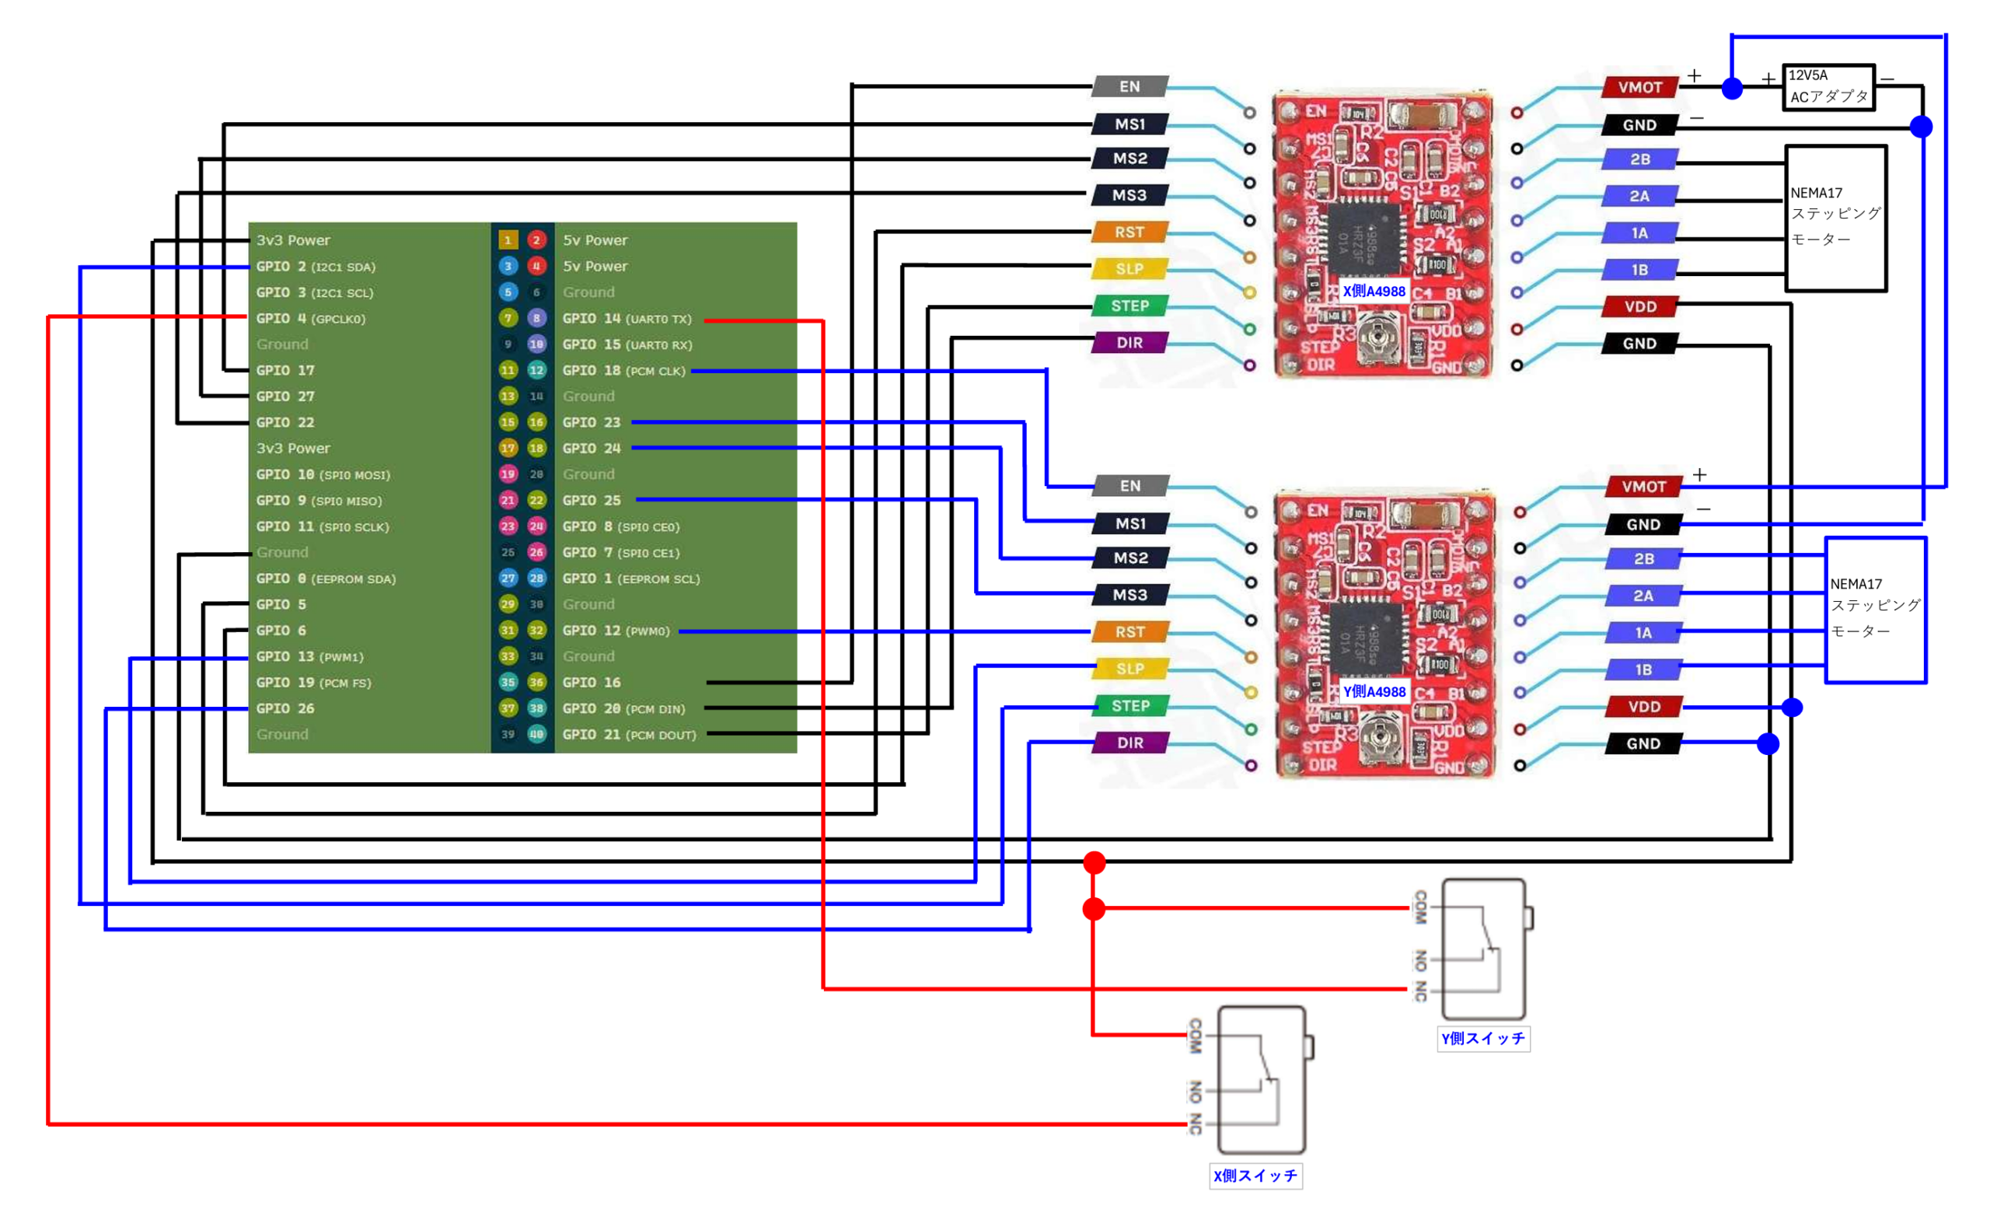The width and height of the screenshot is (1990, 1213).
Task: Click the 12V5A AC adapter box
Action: [x=1828, y=87]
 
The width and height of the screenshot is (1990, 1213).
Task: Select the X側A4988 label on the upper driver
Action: [x=1373, y=292]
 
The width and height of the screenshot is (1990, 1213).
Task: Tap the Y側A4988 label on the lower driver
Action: [x=1373, y=691]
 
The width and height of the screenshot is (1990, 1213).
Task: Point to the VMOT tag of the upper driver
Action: [x=1639, y=87]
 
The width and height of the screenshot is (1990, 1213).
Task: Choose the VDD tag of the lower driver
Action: [x=1643, y=707]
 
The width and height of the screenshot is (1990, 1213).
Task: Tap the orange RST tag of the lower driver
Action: [x=1130, y=631]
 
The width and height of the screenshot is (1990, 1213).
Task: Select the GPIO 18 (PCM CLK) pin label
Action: [x=623, y=371]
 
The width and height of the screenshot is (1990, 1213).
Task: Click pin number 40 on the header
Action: [x=536, y=734]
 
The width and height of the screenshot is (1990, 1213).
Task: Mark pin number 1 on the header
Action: [x=507, y=239]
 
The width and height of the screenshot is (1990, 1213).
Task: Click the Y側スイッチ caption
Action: [x=1483, y=1039]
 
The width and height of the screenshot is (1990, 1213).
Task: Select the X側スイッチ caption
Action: [x=1255, y=1176]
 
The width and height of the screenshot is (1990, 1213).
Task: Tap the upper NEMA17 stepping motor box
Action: [x=1835, y=218]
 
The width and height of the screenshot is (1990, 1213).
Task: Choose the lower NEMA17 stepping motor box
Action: [x=1875, y=610]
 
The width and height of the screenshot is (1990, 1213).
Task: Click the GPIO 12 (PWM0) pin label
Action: [x=616, y=631]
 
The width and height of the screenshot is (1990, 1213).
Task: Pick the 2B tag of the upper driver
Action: [x=1639, y=159]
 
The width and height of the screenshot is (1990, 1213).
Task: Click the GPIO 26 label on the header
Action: [x=285, y=708]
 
